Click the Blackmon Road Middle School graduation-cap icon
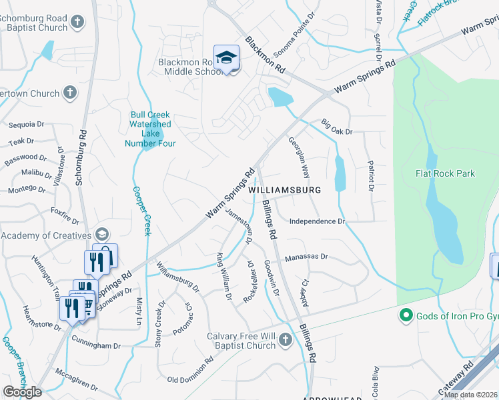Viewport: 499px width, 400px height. tap(226, 57)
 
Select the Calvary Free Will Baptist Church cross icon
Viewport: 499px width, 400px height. tap(285, 341)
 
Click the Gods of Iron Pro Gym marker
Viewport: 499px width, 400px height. tap(404, 315)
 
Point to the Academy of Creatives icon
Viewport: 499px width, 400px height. tap(101, 235)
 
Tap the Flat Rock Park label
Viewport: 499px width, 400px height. tap(444, 173)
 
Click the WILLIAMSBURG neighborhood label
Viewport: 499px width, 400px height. tap(284, 190)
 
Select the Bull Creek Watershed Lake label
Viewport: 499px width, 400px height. tap(150, 129)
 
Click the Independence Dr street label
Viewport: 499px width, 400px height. tap(317, 221)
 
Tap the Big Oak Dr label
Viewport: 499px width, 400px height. tap(336, 127)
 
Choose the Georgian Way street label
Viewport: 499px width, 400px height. tap(298, 157)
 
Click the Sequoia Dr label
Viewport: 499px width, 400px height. tap(26, 124)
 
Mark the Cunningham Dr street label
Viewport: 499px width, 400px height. tap(97, 346)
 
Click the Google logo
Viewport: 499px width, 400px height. tap(22, 392)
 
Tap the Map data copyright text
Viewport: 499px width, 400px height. tap(470, 395)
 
